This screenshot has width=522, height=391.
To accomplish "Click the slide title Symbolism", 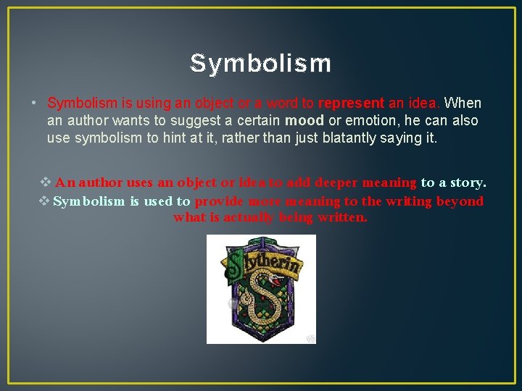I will [x=260, y=64].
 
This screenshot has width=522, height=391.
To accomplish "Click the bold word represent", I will [x=349, y=104].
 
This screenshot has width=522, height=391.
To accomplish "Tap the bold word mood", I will [x=304, y=121].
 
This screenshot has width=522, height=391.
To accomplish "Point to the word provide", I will [x=218, y=201].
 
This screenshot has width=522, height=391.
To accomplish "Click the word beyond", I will [x=460, y=201].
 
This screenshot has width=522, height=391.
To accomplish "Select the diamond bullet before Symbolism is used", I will [x=43, y=201].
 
